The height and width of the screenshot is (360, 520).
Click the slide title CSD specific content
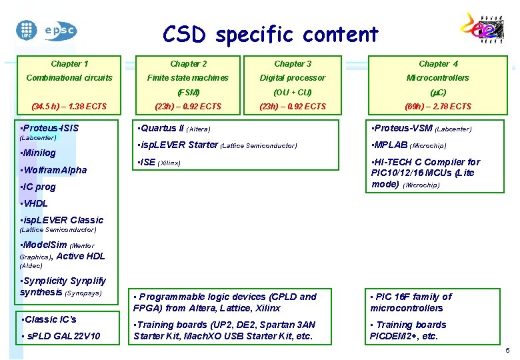click(270, 34)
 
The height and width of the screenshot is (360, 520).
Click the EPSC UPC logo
click(46, 29)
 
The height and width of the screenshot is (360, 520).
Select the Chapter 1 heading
click(69, 64)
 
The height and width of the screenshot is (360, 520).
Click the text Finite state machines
click(188, 78)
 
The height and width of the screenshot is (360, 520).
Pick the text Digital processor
click(293, 78)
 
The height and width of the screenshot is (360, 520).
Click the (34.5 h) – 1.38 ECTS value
click(69, 107)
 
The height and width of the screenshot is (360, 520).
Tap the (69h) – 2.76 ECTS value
click(438, 107)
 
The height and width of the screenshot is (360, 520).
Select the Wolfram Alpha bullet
click(54, 170)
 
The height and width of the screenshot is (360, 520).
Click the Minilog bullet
click(39, 153)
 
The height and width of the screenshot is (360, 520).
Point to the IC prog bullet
click(39, 187)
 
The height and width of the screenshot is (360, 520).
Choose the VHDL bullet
click(35, 203)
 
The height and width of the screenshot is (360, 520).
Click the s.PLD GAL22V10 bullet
click(61, 336)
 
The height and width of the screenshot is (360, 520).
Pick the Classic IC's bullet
click(49, 319)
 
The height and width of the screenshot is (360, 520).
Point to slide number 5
click(507, 351)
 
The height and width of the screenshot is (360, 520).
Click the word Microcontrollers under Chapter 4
click(438, 78)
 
